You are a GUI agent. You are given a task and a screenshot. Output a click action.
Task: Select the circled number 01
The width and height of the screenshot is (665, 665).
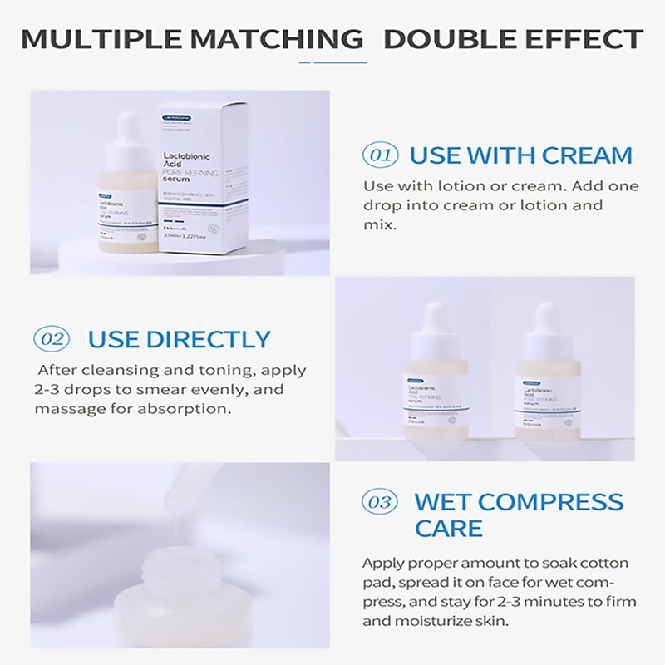point(380,155)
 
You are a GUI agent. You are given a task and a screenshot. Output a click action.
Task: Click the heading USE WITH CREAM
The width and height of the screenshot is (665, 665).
point(521,155)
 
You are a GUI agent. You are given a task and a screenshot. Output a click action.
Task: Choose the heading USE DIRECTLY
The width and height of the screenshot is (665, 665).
point(180,339)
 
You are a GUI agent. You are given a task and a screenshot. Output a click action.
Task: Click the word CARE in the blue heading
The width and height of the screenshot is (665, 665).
point(448,528)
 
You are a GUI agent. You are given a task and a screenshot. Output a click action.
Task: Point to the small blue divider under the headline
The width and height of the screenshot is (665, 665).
point(332,62)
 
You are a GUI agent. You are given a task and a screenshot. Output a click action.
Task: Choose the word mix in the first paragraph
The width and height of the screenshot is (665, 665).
point(378,224)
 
